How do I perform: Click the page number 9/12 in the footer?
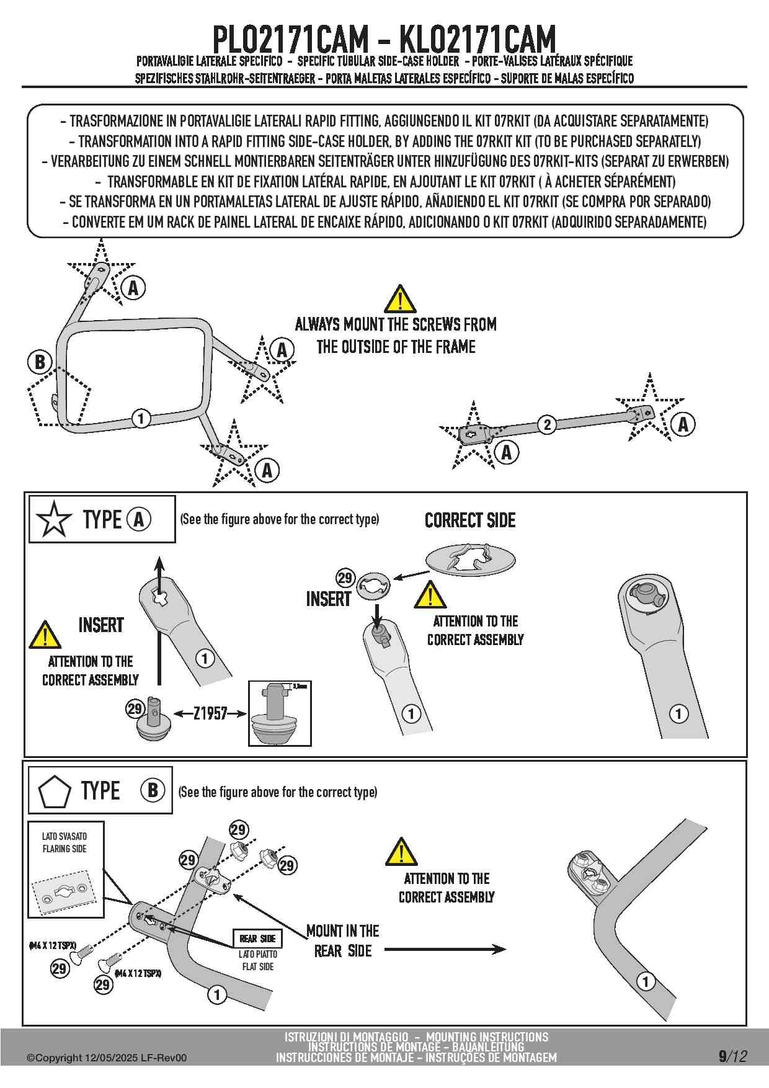[732, 1056]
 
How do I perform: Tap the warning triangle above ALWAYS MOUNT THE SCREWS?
[400, 300]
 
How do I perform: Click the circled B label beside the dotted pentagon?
[40, 362]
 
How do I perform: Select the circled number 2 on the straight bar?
[546, 424]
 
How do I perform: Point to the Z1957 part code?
[210, 713]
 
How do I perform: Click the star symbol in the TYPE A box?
[54, 519]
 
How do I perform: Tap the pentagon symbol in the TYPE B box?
[54, 791]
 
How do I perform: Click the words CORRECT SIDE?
[470, 520]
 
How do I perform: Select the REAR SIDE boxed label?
[257, 939]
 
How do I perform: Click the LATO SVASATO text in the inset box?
[64, 836]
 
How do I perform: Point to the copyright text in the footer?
[106, 1058]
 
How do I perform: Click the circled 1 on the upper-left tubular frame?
[141, 418]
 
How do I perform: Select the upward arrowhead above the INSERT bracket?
[160, 564]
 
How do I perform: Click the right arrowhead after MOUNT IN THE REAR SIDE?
[499, 949]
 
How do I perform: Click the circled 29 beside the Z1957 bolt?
[135, 708]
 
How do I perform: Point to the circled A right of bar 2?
[683, 424]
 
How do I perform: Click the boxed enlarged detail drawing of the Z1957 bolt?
[280, 713]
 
